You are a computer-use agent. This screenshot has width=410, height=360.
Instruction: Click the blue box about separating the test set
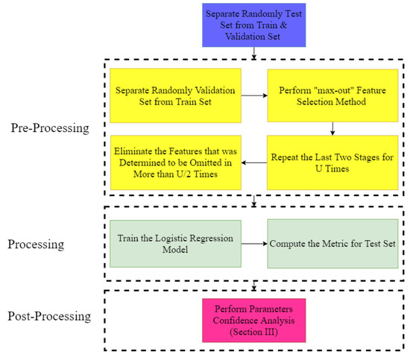[254, 25]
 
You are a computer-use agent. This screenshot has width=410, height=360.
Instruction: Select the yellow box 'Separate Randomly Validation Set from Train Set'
[174, 95]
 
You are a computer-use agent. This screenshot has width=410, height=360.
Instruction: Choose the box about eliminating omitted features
[174, 162]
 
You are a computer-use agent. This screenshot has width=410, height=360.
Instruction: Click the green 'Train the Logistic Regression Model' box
[174, 244]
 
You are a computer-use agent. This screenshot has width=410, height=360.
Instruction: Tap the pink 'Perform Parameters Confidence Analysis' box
[254, 320]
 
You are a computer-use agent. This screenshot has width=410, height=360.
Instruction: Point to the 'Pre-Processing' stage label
[50, 128]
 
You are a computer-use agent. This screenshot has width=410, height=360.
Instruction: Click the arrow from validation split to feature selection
[255, 95]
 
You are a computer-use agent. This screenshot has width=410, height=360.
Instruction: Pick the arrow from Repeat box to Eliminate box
[255, 162]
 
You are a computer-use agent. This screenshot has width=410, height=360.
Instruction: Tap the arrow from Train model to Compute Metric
[255, 244]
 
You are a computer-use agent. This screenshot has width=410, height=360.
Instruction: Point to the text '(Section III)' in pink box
[254, 331]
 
